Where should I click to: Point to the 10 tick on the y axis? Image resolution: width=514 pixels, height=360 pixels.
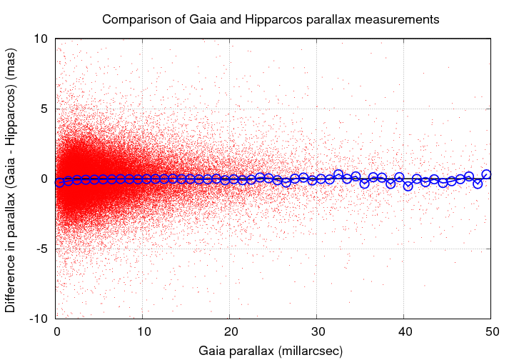pos(41,39)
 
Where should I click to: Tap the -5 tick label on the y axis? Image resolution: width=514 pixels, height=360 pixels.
pos(41,249)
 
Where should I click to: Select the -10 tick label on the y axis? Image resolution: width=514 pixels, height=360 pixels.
pos(39,319)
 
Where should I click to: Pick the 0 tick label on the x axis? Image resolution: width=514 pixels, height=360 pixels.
pos(56,331)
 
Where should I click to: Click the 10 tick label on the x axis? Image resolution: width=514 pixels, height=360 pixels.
pos(143,331)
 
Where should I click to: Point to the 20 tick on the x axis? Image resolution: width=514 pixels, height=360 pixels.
pos(230,331)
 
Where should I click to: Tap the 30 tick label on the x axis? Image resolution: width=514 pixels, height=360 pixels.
pos(317,331)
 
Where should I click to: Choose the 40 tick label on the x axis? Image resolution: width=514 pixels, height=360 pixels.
pos(403,331)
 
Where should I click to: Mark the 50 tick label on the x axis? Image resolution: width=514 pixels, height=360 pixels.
pos(490,331)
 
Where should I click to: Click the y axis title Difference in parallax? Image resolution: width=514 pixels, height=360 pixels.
pos(12,179)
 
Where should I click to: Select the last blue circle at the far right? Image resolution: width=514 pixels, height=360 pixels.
pos(486,174)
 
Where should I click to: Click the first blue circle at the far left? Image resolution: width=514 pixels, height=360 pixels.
pos(60,182)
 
